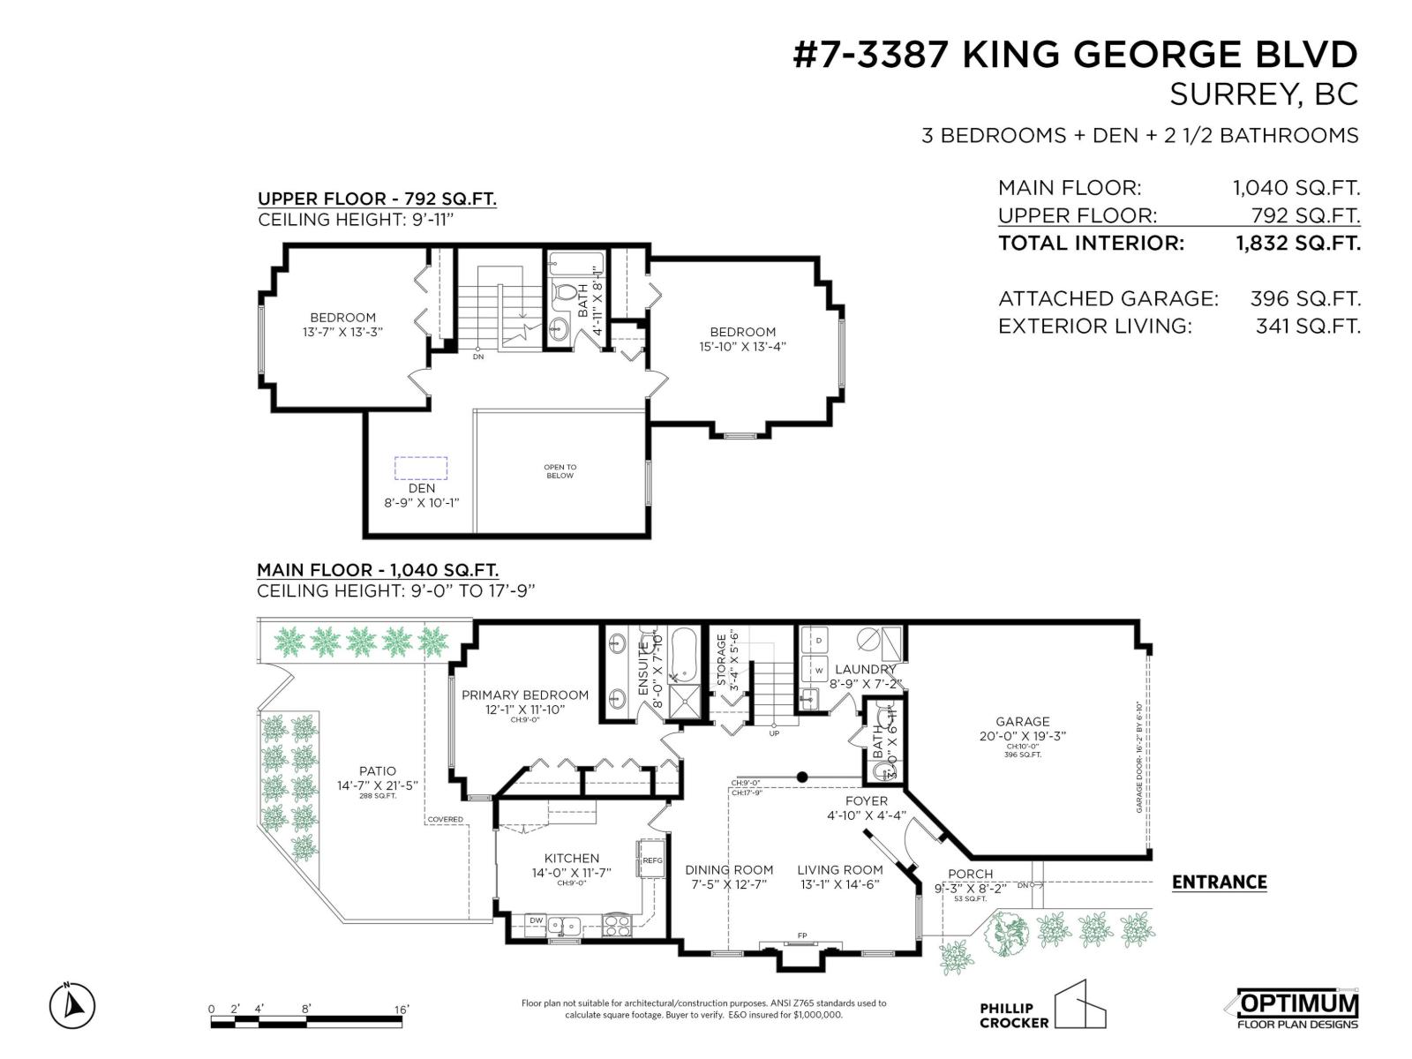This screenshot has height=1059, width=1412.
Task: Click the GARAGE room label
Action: [1022, 721]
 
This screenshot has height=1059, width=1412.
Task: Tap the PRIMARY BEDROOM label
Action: [524, 695]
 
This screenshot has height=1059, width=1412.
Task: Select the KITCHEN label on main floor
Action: [571, 858]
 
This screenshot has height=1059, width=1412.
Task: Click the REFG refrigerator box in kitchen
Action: [651, 860]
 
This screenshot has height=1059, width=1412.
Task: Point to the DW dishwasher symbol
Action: [536, 920]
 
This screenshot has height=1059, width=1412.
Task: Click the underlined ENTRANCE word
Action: [1219, 882]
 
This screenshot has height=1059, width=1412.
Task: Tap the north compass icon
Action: [72, 1005]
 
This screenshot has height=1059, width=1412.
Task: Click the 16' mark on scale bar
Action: [402, 1009]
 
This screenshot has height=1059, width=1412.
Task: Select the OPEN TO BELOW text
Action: [560, 471]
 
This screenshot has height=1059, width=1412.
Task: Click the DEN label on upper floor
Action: [421, 488]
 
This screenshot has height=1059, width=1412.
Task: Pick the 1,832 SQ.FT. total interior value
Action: [1297, 243]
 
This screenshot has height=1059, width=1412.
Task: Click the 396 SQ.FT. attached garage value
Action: [1304, 298]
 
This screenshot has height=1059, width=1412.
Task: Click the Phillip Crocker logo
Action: [1041, 1008]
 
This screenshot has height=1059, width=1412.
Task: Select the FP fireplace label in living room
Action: [802, 935]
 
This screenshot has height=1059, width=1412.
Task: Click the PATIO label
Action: [377, 770]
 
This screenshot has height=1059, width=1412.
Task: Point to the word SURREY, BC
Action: [1263, 94]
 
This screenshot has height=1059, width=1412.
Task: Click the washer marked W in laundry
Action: [818, 671]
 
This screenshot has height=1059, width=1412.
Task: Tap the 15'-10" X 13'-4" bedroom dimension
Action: [742, 347]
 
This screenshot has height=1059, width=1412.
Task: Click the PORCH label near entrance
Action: [970, 874]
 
